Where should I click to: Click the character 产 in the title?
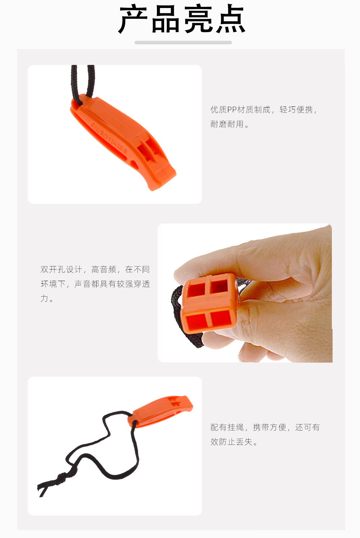pos(133,20)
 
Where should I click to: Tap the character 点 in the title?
pos(230,20)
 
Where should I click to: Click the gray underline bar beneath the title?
pos(183,43)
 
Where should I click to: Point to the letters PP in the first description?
pos(232,110)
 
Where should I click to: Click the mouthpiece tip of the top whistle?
pos(162,179)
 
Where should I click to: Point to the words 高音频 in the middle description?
pos(104,270)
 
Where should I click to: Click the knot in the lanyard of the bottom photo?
pos(61,478)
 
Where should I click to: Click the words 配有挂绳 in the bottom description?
pos(227,428)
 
